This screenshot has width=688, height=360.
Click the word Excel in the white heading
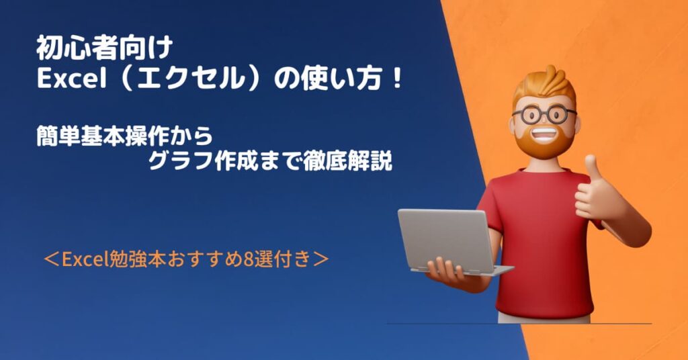tap(72, 79)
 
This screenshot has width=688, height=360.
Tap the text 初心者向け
tap(104, 48)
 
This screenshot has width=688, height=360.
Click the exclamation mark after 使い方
tap(398, 79)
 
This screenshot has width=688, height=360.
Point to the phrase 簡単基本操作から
tap(124, 136)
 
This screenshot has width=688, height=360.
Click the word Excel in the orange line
tap(85, 259)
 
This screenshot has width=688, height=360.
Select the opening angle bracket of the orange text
tap(51, 259)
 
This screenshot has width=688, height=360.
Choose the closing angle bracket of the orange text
tap(320, 259)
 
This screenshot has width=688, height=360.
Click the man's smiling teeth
tap(544, 133)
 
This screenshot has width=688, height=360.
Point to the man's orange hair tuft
tap(546, 81)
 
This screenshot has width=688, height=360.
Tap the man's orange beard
tap(544, 142)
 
